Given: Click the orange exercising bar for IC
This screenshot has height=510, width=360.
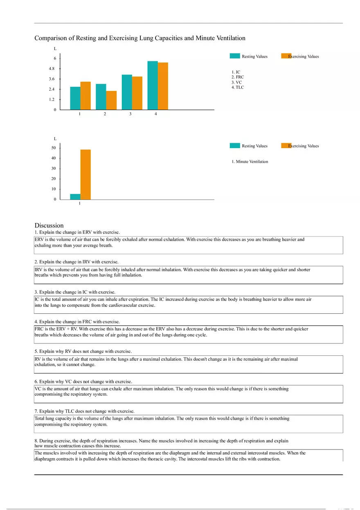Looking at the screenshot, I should pos(85,96).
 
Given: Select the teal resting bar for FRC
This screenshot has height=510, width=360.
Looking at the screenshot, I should pos(101,97).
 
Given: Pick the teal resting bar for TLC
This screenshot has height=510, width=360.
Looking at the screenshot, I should pos(152,85).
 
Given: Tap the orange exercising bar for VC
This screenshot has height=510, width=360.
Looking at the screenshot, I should pos(137,93).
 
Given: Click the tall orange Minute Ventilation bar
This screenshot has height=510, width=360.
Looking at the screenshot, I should pos(85,175).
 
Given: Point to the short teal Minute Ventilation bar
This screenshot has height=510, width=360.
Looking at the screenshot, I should pos(75,197).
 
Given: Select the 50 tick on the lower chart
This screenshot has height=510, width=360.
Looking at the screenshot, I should pos(53,148).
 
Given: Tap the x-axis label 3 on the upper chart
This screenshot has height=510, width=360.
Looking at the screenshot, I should pos(130,115).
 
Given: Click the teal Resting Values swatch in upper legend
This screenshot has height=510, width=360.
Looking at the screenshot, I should pos(235,56).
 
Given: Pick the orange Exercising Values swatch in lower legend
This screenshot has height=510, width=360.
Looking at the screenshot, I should pos(286,146).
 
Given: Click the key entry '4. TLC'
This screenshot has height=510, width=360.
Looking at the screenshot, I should pos(238,87).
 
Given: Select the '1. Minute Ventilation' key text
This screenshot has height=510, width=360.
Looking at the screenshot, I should pos(250,162).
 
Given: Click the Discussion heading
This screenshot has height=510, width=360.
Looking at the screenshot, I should pos(49,225).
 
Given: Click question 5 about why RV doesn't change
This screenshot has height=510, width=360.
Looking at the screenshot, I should pos(83,351).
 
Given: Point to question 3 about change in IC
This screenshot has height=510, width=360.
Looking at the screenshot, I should pos(75,292).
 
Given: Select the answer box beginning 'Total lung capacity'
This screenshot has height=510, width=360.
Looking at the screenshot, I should pos(188,424).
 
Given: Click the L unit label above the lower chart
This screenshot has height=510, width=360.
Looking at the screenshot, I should pos(55,139).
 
